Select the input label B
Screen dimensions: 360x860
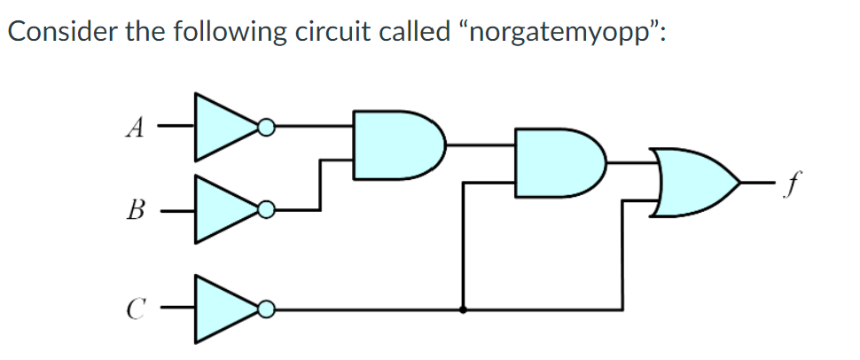click(x=134, y=213)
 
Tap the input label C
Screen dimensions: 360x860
click(x=134, y=309)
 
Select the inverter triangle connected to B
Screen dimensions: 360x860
click(x=222, y=210)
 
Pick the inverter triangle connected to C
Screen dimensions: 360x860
click(x=222, y=309)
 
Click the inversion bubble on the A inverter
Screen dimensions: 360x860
click(x=264, y=129)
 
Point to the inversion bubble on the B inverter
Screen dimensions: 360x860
click(x=264, y=210)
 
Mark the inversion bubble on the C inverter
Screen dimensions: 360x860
click(x=264, y=309)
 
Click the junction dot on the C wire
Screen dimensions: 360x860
click(x=462, y=309)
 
